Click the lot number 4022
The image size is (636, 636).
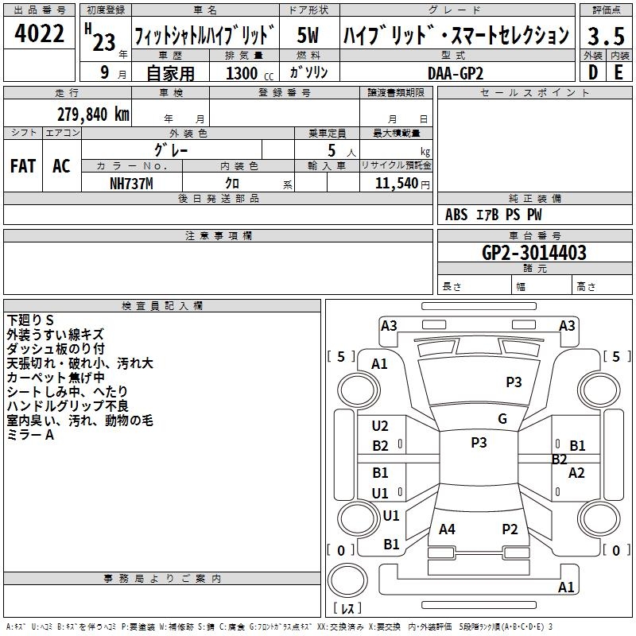point(40,35)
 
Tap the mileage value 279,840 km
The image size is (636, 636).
point(93,114)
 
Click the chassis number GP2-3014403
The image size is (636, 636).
point(534,253)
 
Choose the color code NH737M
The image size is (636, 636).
point(131,184)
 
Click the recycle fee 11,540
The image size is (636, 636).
point(396,184)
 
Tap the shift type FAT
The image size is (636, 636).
point(22,166)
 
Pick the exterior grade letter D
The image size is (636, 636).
point(592,72)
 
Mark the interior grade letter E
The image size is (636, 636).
point(618,72)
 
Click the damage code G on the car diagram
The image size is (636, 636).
point(502,419)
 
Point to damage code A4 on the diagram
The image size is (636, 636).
point(447,529)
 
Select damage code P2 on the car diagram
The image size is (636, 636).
point(510,529)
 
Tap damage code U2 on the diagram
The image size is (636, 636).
point(380,426)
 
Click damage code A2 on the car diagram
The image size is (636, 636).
point(576,473)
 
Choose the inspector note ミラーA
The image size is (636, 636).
point(30,435)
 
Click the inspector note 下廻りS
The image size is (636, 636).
point(30,320)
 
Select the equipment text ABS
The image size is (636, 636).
point(456,215)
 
